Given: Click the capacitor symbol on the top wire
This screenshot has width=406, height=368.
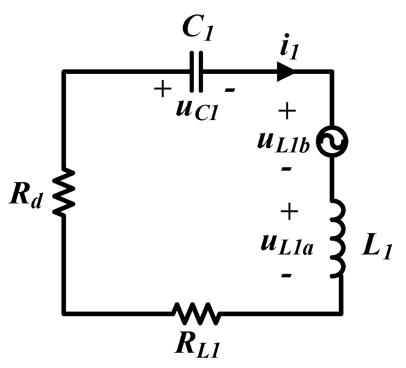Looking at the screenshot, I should pyautogui.click(x=196, y=71).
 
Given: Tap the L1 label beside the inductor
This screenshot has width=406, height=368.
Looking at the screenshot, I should pyautogui.click(x=376, y=250).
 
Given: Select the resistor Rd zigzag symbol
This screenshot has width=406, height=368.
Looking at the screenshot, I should pyautogui.click(x=63, y=193).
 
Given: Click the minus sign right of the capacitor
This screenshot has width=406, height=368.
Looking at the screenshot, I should pyautogui.click(x=230, y=90).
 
